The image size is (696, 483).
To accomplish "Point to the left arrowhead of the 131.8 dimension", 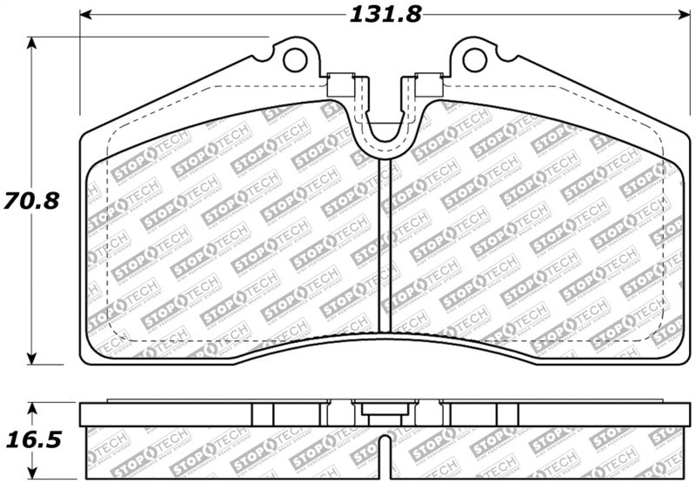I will pos(85,16).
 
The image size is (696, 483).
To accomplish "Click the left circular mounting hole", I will pos(296,59).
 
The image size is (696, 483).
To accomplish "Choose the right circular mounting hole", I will pos(474,59).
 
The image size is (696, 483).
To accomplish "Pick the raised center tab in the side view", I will pos(384,410).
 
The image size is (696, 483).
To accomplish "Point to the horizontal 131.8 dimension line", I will pos(217,16).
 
